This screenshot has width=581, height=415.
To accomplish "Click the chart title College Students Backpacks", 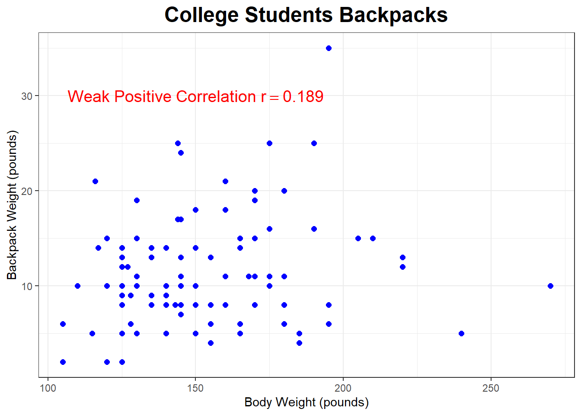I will [306, 15].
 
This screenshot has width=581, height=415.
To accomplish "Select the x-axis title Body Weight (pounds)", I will [306, 402].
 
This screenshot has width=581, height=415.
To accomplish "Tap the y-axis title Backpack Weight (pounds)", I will [12, 205].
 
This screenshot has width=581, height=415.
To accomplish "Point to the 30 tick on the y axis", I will [27, 96].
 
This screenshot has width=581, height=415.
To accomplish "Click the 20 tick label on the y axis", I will [27, 191].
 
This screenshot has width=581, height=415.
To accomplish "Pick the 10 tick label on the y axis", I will [27, 286].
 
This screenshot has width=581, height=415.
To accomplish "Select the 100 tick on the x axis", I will [48, 388].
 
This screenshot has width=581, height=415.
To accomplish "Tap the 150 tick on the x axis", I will [195, 388].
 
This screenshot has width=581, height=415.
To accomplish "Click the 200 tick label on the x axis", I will [343, 388].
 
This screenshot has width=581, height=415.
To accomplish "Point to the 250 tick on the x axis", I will [491, 388].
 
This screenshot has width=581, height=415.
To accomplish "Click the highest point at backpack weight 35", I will [329, 48].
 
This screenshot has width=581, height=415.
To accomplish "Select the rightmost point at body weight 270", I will [550, 286].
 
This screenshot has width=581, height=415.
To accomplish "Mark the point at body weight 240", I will [461, 333].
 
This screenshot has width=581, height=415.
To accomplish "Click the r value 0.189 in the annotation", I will [303, 96].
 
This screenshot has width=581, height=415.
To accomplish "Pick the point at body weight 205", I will [358, 238].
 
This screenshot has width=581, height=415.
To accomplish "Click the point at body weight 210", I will [373, 238].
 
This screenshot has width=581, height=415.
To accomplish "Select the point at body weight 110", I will [77, 286].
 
